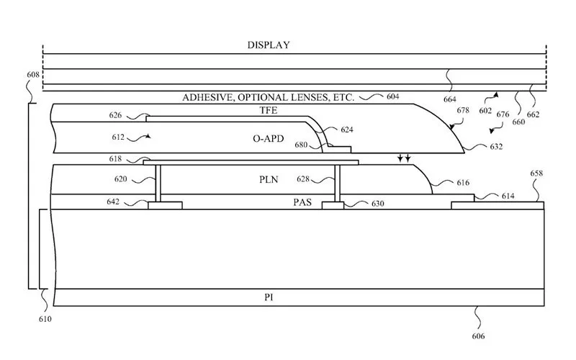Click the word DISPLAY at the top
click(x=268, y=45)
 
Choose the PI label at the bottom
click(x=270, y=297)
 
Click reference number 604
click(x=392, y=96)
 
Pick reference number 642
click(x=113, y=203)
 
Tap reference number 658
click(x=536, y=174)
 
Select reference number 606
click(x=478, y=336)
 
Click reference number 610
click(x=44, y=318)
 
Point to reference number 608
click(x=32, y=75)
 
